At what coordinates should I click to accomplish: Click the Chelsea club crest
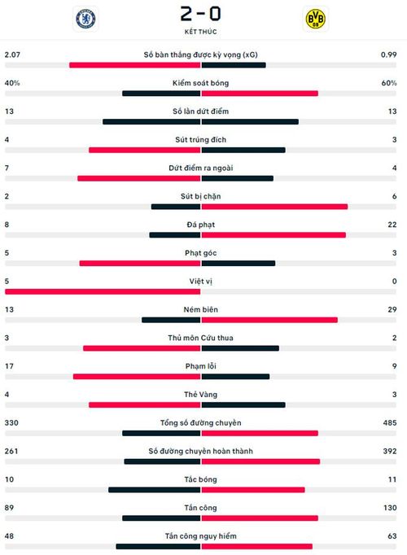coord(85,19)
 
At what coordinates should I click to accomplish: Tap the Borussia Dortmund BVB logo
coord(315,19)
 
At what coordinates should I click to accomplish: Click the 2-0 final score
coord(201,14)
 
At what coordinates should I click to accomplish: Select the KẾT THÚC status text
coord(201,32)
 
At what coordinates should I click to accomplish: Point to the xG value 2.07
coord(12,55)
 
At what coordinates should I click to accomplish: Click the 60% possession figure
coord(389,83)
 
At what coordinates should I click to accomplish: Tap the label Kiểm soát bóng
coord(201,83)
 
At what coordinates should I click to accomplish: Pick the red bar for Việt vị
coord(103,291)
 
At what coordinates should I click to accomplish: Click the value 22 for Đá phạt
coord(392,225)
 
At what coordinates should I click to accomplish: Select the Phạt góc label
coord(201,253)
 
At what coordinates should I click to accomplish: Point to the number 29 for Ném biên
coord(392,309)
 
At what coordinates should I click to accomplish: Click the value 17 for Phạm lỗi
coord(9,366)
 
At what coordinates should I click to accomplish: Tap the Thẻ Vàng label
coord(201,395)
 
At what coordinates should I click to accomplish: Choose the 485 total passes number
coord(390,422)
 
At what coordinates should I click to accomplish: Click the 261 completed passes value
coord(11,451)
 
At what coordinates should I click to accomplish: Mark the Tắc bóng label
coord(201,479)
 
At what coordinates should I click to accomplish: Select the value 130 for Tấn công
coord(390,508)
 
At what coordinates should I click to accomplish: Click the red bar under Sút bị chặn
coord(274,207)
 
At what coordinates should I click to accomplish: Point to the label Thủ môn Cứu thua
coord(201,338)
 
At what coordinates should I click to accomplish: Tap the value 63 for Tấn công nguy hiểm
coord(392,536)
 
